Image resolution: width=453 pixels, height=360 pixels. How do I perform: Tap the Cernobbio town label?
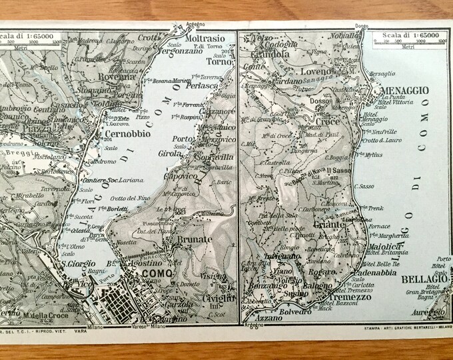click(133, 132)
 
